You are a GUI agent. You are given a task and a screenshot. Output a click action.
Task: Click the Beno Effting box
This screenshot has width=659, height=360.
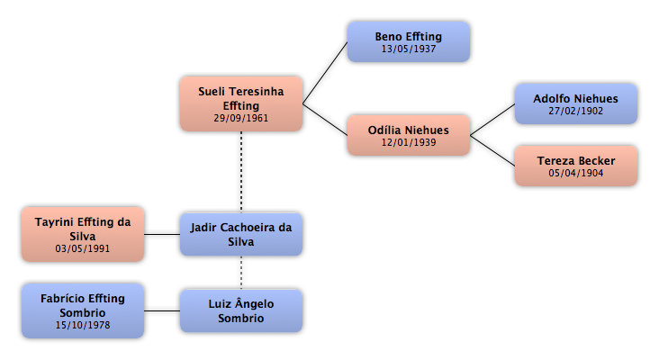(x=409, y=42)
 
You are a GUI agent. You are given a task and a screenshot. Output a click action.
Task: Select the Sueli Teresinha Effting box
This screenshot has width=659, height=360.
(x=241, y=103)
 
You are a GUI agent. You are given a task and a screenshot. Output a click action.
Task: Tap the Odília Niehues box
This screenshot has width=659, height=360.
(x=409, y=135)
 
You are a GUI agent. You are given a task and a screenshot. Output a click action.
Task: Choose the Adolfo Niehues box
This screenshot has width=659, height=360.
(x=576, y=103)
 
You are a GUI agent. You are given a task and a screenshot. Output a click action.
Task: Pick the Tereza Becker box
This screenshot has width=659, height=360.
(x=576, y=166)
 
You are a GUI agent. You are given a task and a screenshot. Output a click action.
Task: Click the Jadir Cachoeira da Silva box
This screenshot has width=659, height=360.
(x=241, y=234)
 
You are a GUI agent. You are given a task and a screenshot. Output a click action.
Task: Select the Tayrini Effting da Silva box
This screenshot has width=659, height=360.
(x=83, y=234)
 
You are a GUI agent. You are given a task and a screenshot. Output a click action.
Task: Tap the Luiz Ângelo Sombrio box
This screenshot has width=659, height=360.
(x=241, y=310)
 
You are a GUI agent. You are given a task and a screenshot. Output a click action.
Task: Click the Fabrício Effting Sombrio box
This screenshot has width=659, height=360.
(x=83, y=310)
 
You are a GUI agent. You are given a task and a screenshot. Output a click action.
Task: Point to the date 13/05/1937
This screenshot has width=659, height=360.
(x=409, y=49)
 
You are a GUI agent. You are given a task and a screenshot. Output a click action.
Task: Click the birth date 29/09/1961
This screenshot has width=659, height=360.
(x=240, y=118)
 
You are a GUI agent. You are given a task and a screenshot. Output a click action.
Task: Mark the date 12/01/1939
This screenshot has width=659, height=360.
(x=409, y=142)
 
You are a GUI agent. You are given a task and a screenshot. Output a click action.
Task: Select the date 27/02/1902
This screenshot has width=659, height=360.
(x=576, y=111)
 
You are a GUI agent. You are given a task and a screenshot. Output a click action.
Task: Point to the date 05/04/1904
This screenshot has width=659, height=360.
(x=576, y=173)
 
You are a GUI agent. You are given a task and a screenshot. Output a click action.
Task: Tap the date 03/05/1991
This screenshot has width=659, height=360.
(x=83, y=248)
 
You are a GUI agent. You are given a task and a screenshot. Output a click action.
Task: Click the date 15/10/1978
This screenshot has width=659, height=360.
(x=83, y=325)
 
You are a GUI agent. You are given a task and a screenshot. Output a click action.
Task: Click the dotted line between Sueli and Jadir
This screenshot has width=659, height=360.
(x=241, y=172)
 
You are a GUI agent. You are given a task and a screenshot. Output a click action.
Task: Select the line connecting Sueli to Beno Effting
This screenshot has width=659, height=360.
(x=325, y=73)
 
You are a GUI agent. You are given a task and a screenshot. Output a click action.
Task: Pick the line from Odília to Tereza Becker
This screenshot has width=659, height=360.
(x=492, y=150)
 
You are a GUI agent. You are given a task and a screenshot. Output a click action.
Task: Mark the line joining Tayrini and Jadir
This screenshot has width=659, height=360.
(x=162, y=234)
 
